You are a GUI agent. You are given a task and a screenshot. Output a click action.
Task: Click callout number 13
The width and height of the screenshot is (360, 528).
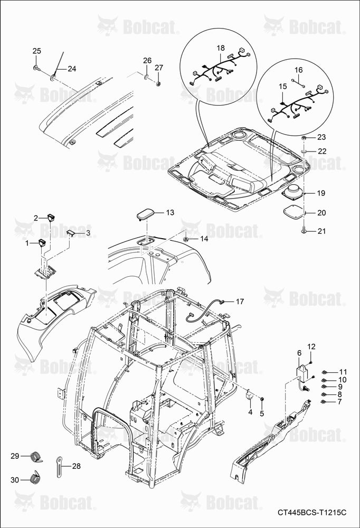(x=170, y=212)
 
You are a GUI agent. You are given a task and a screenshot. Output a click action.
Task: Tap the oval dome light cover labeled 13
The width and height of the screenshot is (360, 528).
(x=145, y=214)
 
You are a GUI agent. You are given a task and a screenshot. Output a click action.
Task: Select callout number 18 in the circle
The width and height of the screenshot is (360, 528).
(x=221, y=48)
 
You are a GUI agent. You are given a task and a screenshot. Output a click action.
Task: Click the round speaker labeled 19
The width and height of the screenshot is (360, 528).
(x=292, y=193)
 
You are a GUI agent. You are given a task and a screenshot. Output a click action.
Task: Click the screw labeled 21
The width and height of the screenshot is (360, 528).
(x=304, y=231)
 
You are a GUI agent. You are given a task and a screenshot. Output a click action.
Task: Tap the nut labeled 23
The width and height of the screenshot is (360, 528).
(x=304, y=137)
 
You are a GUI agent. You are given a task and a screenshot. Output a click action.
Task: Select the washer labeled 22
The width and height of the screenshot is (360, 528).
(x=304, y=150)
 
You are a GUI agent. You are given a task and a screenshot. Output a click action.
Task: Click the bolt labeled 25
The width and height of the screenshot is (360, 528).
(x=37, y=68)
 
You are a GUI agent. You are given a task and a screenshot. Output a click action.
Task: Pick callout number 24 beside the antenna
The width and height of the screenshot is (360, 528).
(x=72, y=69)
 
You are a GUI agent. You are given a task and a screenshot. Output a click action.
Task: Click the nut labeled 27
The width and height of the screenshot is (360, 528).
(x=158, y=83)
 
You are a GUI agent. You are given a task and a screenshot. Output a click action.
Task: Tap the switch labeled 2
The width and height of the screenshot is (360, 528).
(x=51, y=218)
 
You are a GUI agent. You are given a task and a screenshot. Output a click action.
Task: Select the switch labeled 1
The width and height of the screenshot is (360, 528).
(x=42, y=242)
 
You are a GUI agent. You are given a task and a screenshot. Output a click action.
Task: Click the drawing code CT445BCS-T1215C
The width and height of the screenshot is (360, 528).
(x=312, y=513)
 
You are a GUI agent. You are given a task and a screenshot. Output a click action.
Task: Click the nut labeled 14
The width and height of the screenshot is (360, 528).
(x=186, y=239)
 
